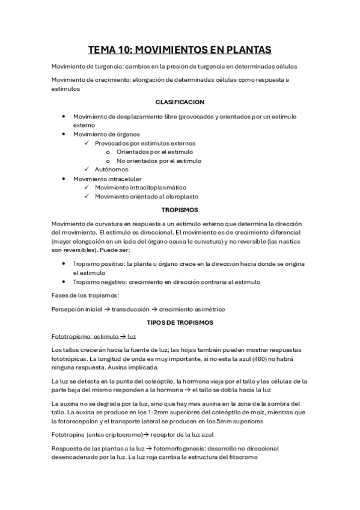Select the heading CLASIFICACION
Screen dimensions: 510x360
click(180, 102)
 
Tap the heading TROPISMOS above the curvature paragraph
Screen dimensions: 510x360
click(180, 210)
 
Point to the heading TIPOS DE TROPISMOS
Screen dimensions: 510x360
click(180, 322)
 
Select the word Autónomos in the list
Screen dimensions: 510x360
click(111, 170)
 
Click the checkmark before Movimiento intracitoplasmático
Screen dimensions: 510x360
click(87, 188)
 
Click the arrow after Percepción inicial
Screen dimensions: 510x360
click(106, 309)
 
